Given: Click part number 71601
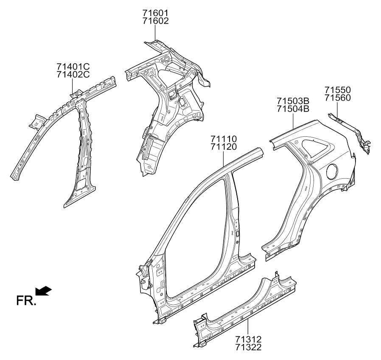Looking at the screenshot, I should (155, 13).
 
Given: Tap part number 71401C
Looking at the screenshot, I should (73, 67).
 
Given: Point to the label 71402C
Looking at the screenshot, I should (73, 75).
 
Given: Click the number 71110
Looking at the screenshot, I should (223, 139).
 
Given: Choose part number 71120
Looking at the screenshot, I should (223, 147).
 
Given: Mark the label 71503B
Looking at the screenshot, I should (293, 101).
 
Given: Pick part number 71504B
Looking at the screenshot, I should (293, 109).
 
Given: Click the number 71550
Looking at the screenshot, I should (338, 90).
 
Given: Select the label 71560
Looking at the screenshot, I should (338, 98).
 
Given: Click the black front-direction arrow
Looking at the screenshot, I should (43, 291).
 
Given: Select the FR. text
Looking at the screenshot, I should (26, 301).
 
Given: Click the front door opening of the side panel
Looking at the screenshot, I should (193, 238).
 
